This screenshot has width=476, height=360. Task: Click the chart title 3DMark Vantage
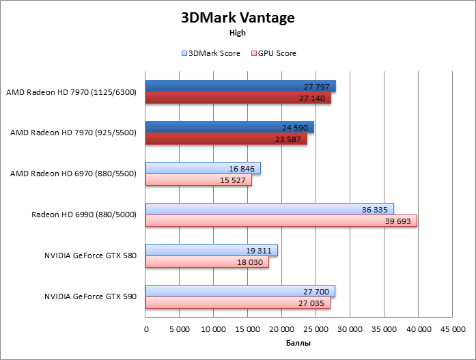tap(238, 18)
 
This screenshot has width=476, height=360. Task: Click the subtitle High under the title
tap(238, 32)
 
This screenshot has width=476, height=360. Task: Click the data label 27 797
tap(318, 87)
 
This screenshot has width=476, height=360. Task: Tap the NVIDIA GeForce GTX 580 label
tap(90, 256)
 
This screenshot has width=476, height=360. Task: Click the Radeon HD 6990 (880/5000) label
tap(84, 214)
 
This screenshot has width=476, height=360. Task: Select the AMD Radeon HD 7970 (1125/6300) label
tap(71, 92)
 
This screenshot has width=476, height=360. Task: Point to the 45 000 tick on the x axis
tap(452, 329)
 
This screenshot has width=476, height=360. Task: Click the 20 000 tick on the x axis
tap(281, 329)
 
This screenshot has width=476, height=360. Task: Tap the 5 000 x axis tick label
tap(179, 329)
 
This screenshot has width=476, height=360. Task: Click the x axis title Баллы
tap(298, 343)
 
